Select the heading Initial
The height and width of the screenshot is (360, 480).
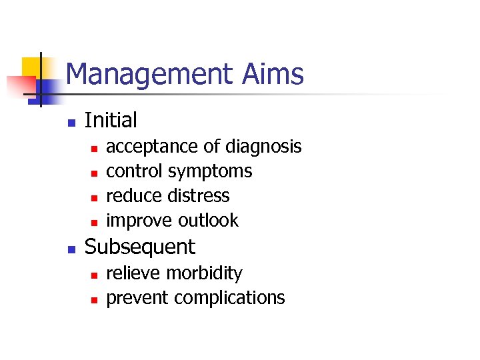point(111,121)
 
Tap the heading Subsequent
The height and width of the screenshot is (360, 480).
point(140,247)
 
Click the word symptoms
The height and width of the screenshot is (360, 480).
point(210,172)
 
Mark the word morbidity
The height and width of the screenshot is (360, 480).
point(204,273)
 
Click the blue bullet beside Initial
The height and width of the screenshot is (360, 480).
point(71,122)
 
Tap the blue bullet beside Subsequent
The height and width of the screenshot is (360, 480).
point(71,249)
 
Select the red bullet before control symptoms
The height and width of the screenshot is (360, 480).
point(94,173)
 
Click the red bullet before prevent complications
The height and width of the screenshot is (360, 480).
point(94,299)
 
